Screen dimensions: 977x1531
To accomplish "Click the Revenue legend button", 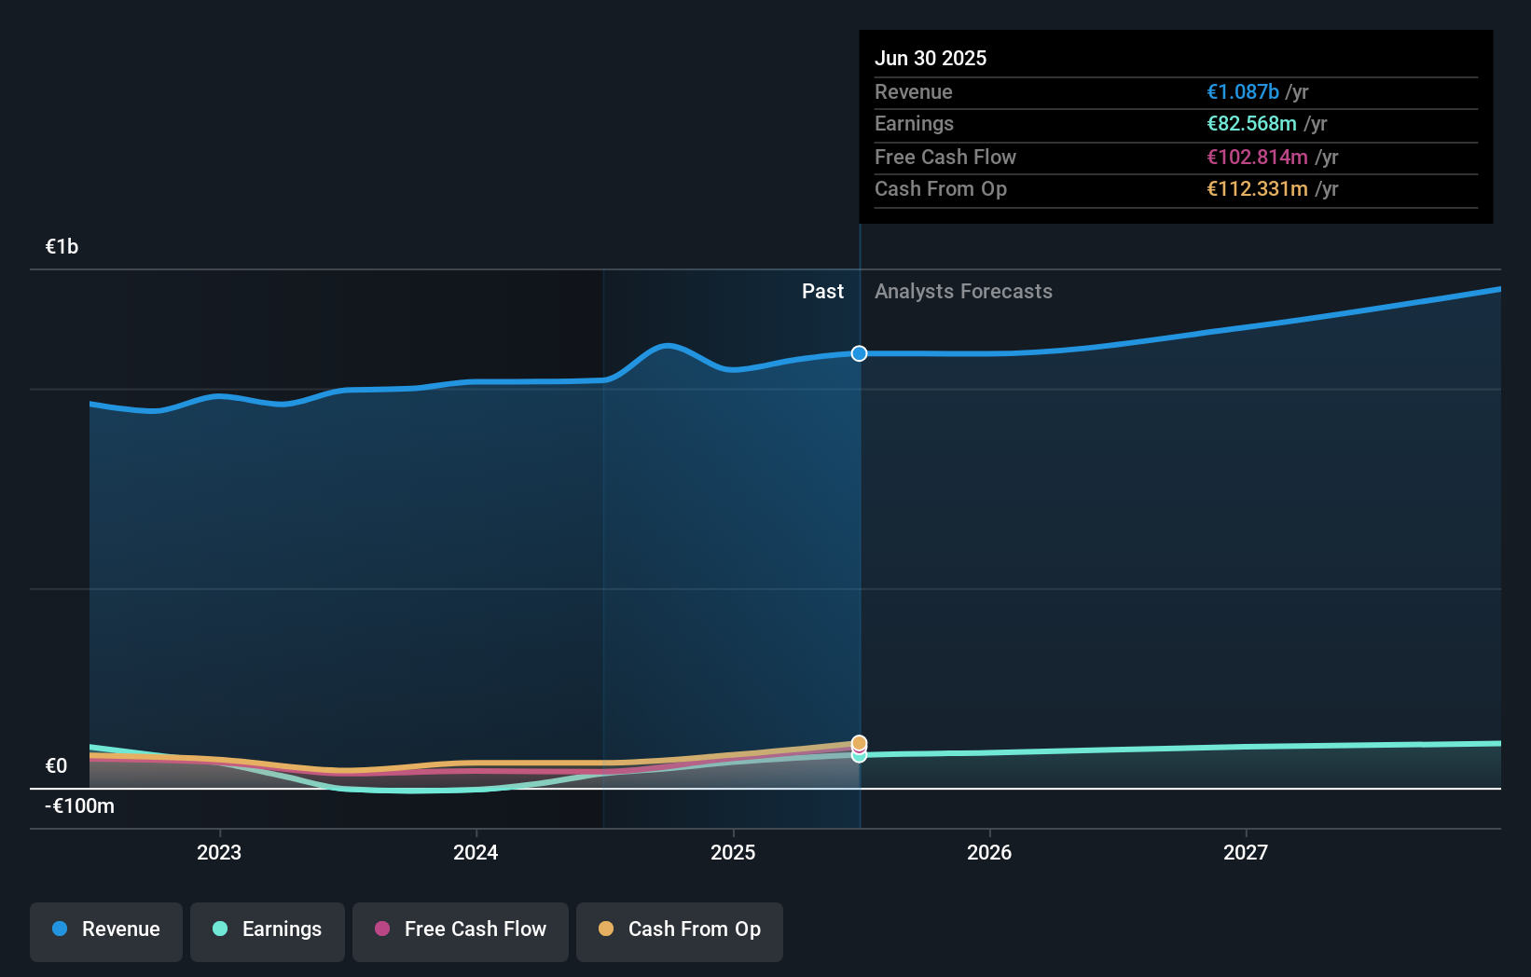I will pos(105,929).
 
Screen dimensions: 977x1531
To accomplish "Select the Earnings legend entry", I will pos(267,929).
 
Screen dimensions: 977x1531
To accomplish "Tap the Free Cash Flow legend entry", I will pos(460,929).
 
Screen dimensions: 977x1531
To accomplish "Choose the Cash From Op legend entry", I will pos(679,929).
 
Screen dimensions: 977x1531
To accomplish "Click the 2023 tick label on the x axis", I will pos(219,852).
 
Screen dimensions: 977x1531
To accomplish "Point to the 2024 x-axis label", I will pos(476,852).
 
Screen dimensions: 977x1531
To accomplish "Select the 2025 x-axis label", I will pos(733,852).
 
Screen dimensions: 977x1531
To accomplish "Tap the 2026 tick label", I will pos(989,852).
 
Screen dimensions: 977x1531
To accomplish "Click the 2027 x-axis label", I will pos(1246,852).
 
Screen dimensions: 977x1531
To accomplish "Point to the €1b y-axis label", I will pos(62,246).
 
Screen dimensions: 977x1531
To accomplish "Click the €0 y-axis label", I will pos(56,765).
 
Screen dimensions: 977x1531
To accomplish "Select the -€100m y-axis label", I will pos(80,805).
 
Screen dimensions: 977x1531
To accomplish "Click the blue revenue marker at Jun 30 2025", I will pos(859,353).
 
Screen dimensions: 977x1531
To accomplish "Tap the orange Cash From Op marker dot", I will pos(859,743).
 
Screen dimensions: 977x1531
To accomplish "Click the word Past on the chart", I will pos(822,292).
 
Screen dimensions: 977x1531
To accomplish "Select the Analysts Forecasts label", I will pos(963,292).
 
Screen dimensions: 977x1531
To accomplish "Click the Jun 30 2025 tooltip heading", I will pos(930,58).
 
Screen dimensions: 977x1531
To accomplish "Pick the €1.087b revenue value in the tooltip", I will pos(1243,91).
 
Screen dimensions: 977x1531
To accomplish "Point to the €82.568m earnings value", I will pos(1251,124).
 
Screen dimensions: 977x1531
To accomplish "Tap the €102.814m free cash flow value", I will pos(1257,157).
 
